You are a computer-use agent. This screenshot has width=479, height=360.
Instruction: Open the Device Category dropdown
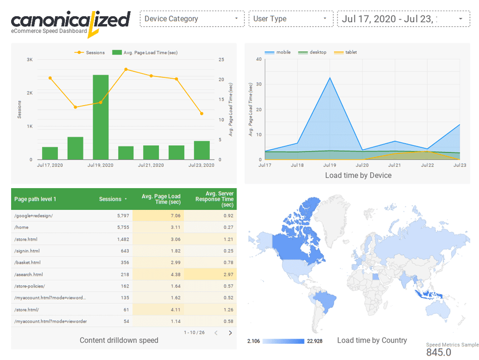192,19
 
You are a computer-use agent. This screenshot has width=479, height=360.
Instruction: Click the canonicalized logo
70,21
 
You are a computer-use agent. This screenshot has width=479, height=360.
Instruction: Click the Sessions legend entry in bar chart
93,52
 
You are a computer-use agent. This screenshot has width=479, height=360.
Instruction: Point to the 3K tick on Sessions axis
29,59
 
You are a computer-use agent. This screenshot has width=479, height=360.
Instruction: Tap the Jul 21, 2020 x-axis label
151,166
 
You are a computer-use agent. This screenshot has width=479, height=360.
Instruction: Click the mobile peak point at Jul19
330,78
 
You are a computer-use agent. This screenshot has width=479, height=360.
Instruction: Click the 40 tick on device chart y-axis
259,59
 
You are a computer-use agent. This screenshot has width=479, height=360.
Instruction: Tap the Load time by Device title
358,175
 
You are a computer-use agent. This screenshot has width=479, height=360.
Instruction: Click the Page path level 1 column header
35,199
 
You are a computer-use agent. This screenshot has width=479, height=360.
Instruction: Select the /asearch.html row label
29,274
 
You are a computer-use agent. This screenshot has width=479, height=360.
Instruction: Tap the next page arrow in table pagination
230,333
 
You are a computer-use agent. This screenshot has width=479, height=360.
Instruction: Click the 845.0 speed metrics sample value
439,352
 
